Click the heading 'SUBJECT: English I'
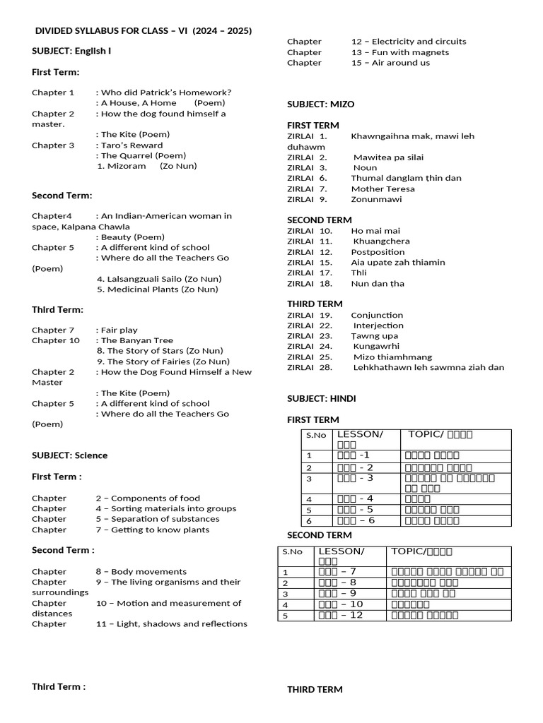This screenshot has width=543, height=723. (x=71, y=52)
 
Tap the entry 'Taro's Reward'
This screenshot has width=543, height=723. (x=132, y=145)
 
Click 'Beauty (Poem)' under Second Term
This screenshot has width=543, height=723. (x=133, y=237)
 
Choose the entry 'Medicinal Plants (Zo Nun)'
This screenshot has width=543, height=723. (x=158, y=289)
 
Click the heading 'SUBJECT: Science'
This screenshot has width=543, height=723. (x=70, y=455)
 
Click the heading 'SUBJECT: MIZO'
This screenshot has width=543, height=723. (x=321, y=104)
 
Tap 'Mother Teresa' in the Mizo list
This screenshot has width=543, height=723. (x=383, y=189)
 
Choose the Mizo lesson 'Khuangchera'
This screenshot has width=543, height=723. (x=382, y=241)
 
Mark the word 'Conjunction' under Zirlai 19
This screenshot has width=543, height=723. (x=378, y=316)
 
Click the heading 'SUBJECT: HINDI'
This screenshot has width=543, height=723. (x=322, y=399)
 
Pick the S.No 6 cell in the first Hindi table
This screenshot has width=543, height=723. (x=309, y=521)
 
